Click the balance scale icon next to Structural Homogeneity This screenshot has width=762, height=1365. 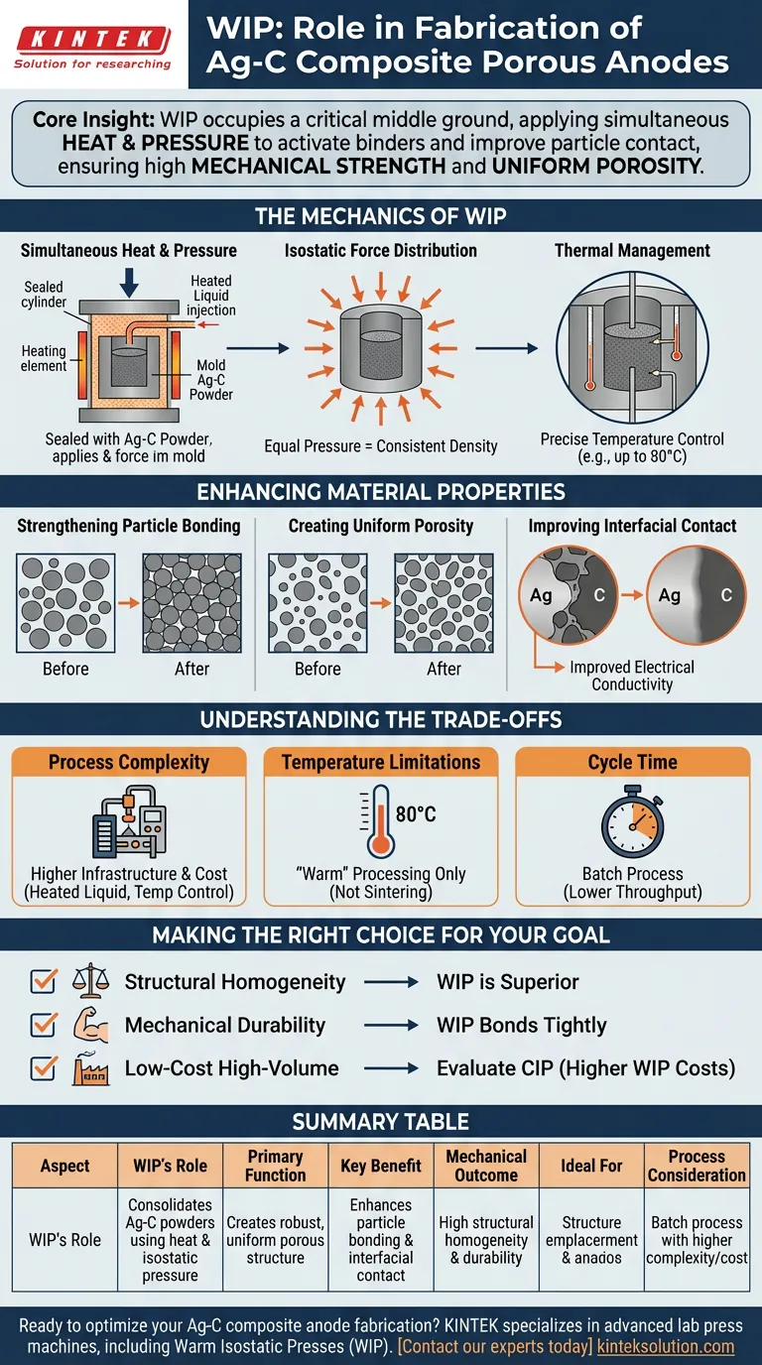click(x=89, y=982)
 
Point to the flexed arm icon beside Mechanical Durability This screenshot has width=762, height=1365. click(x=89, y=1025)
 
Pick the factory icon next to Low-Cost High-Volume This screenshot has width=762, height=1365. click(x=89, y=1068)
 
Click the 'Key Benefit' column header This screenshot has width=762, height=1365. click(x=381, y=1166)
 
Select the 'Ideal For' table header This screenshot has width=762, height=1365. click(x=591, y=1166)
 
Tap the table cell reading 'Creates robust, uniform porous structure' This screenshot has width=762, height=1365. click(x=275, y=1240)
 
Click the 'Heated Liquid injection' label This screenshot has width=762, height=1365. click(x=211, y=296)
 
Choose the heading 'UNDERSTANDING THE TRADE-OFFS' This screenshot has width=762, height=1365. click(x=381, y=719)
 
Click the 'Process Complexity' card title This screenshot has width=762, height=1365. click(x=129, y=762)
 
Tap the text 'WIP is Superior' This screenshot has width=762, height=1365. click(x=507, y=982)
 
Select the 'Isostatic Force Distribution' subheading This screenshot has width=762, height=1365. click(x=380, y=250)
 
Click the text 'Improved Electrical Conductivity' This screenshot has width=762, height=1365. click(x=631, y=676)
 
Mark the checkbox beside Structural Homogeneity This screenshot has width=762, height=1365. click(x=44, y=982)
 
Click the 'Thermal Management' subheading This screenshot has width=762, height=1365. click(x=632, y=250)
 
